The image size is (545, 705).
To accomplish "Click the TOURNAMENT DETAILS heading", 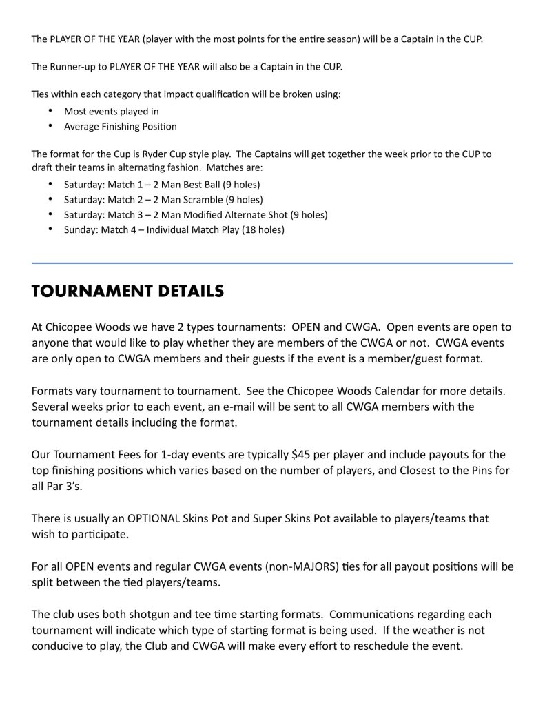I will (x=127, y=292).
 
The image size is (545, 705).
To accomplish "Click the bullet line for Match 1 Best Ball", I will (x=162, y=185).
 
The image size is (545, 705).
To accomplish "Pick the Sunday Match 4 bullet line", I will (x=174, y=230).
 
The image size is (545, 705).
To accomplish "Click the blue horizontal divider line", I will (x=272, y=263).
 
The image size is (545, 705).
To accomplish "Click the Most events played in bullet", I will (x=112, y=111).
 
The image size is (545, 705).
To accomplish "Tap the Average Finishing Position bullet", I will (x=120, y=127).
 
